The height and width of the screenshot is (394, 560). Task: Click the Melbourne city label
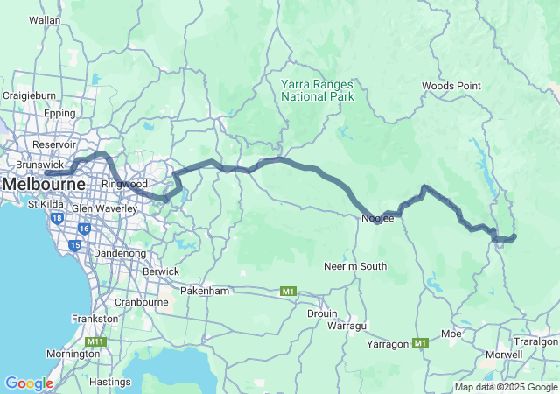(44, 185)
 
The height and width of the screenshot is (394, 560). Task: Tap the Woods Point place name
(451, 86)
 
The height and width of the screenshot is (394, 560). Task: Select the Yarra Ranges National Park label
(318, 90)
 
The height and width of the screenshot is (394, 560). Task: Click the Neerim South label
(355, 266)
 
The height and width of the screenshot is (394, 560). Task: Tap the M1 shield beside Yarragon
(421, 342)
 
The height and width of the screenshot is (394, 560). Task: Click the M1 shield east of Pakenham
(288, 291)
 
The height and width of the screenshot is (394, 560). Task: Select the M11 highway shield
(95, 341)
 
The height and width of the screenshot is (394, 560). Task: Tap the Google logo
(28, 383)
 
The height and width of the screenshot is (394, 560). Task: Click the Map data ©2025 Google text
(505, 387)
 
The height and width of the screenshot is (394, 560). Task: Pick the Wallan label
(45, 19)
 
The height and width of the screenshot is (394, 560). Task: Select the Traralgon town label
(535, 341)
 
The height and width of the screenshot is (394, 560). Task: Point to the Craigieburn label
(29, 95)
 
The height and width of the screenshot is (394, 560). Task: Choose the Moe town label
(451, 334)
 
